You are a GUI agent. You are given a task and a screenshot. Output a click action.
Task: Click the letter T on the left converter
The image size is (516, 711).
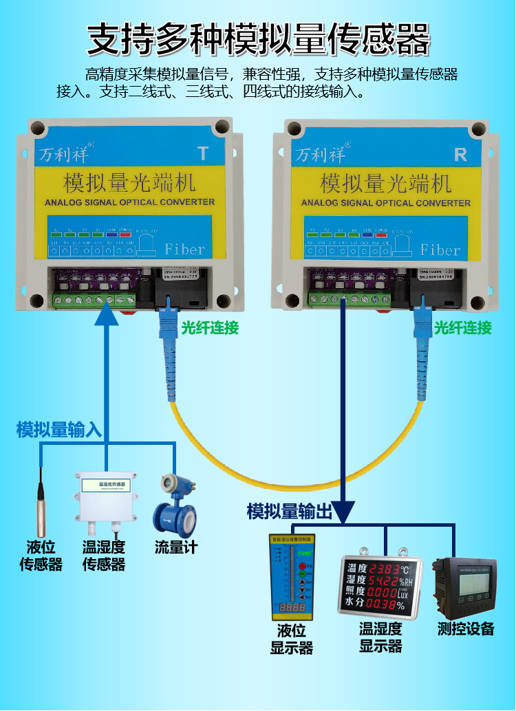coord(202,153)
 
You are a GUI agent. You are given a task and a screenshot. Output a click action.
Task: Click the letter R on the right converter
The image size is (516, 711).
coord(461,155)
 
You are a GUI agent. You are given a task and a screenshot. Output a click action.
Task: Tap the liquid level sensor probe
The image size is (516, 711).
coord(41,502)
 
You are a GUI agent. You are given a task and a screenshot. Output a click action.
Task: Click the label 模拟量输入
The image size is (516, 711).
coord(59,430)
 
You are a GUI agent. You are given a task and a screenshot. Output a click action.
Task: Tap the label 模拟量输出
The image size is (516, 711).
coord(290,512)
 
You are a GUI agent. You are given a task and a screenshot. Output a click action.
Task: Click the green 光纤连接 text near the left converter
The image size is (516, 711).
coord(210,328)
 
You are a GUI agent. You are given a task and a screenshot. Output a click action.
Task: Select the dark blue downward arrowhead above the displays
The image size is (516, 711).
coord(342,511)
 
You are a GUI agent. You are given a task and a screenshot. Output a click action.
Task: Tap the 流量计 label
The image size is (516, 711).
coord(175,549)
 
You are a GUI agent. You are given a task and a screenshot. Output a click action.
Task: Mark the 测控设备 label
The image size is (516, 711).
coord(466,628)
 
